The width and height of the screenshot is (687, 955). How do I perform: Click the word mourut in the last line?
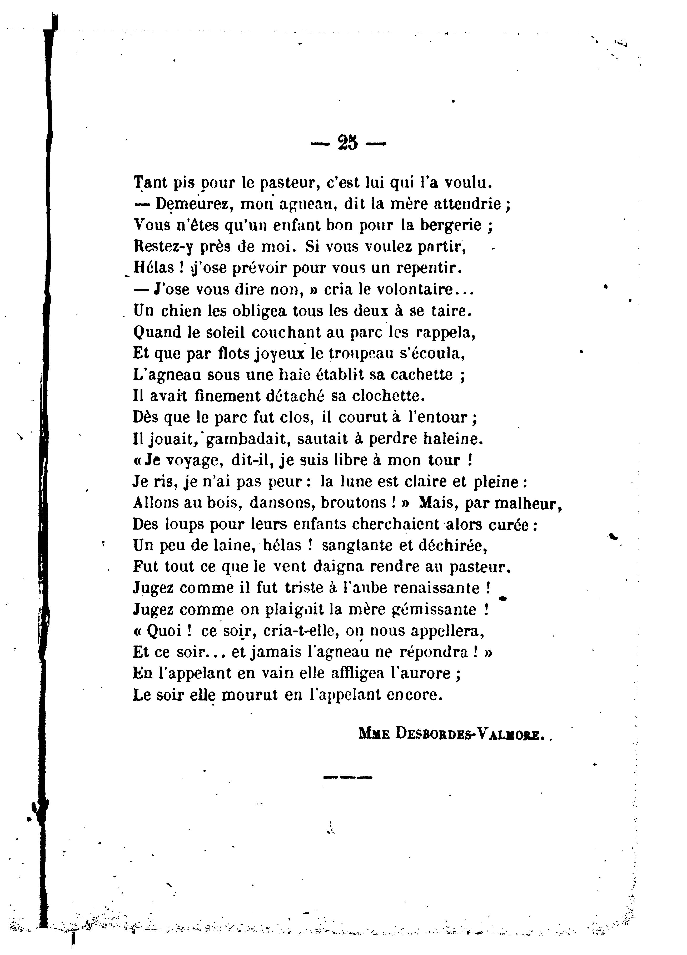[249, 695]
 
